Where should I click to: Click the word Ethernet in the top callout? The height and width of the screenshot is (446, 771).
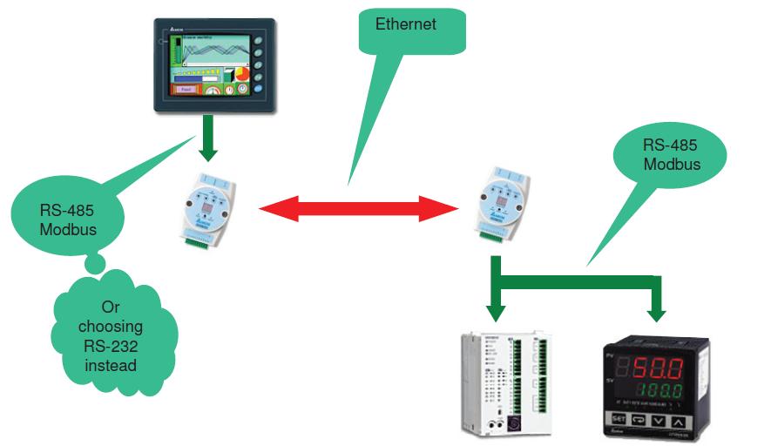pos(405,24)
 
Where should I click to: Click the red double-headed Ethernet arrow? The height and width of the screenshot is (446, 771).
pos(359,209)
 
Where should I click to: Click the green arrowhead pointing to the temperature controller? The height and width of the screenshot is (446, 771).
pos(656,310)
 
